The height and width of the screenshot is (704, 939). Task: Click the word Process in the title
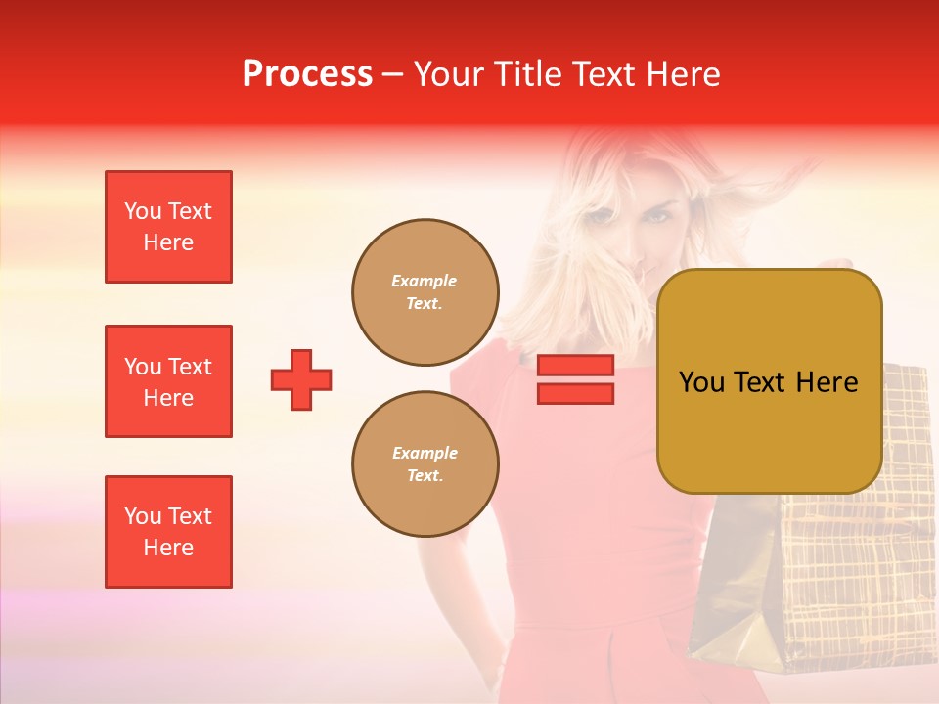tap(307, 74)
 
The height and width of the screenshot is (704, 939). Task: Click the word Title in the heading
tap(527, 74)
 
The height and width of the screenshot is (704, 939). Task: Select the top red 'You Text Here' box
tap(168, 227)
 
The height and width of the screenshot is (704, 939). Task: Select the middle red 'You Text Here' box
tap(168, 381)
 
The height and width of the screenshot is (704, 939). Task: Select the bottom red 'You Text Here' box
tap(168, 532)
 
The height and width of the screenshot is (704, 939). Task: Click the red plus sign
tap(301, 379)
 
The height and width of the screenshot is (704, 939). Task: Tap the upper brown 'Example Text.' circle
tap(425, 292)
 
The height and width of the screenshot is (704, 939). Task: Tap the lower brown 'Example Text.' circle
tap(425, 464)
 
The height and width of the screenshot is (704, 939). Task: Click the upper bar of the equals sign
tap(575, 366)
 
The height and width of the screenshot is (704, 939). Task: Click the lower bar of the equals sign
tap(575, 393)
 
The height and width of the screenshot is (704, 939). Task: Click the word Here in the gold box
tap(827, 382)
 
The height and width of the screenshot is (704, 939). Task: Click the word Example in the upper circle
tap(425, 281)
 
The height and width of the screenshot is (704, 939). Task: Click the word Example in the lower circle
tap(425, 453)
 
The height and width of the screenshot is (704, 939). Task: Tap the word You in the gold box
tap(701, 382)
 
